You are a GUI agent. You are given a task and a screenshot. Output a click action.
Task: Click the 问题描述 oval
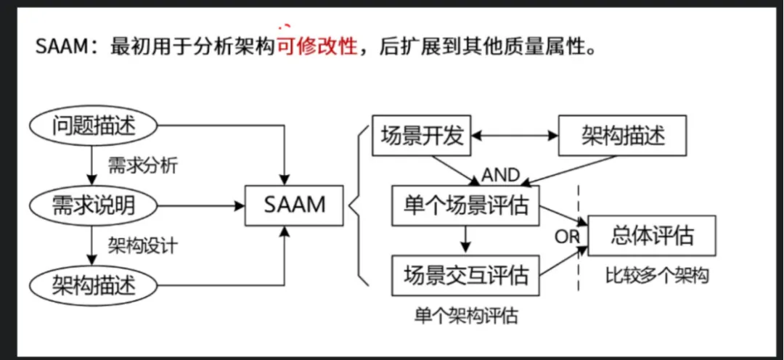click(x=94, y=126)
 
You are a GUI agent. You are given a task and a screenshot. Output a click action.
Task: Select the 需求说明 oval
click(x=94, y=205)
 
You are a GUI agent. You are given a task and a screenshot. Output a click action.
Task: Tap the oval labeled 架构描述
click(x=94, y=283)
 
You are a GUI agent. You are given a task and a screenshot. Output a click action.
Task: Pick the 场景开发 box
click(x=422, y=135)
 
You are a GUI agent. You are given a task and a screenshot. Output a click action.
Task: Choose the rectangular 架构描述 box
click(x=623, y=135)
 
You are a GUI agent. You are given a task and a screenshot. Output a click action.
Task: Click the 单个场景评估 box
click(x=465, y=206)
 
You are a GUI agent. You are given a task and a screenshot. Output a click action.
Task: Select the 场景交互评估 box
click(x=465, y=275)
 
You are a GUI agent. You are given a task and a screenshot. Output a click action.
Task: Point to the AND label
click(x=501, y=175)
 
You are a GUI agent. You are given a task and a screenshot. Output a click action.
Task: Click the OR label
click(x=566, y=237)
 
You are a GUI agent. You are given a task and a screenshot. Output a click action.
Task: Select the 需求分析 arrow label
click(x=142, y=166)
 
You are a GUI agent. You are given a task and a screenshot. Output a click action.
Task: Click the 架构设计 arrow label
click(x=142, y=245)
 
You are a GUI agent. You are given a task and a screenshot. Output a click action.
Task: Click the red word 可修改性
click(x=317, y=47)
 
